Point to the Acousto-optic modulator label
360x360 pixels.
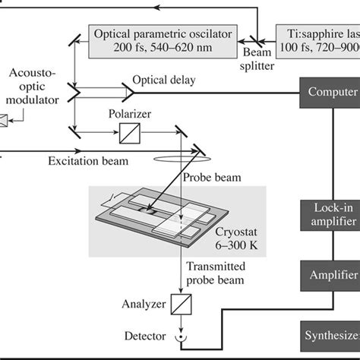pyautogui.click(x=30, y=89)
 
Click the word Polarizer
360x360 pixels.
pyautogui.click(x=130, y=114)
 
